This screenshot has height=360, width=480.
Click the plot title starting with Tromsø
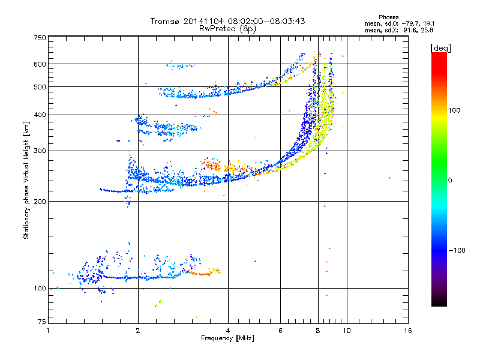tap(228, 21)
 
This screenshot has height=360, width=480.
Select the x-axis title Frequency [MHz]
tap(227, 339)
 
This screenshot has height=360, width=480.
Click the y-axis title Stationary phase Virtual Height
tap(26, 180)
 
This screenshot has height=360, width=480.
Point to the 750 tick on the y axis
tap(40, 38)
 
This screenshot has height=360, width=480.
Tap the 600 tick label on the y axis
tap(40, 64)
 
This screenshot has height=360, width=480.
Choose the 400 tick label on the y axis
tap(40, 115)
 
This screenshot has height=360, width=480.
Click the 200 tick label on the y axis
tap(40, 202)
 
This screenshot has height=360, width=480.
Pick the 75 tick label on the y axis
tap(41, 323)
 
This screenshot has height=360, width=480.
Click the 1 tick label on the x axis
tap(48, 331)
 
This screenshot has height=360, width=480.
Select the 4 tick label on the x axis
tap(228, 331)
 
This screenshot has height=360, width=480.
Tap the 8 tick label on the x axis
tap(318, 331)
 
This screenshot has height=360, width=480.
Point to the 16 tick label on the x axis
tap(407, 331)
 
